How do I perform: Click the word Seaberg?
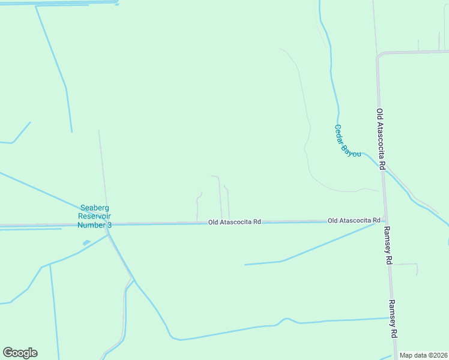(x=95, y=208)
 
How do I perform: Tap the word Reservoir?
(x=95, y=216)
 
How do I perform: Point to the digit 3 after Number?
(x=109, y=225)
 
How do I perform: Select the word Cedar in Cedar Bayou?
(x=340, y=133)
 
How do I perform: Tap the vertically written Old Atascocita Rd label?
(x=380, y=139)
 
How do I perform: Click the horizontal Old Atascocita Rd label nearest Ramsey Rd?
(x=354, y=221)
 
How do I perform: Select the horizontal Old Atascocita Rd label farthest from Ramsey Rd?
(x=234, y=222)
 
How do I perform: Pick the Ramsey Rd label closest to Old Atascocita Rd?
(x=388, y=245)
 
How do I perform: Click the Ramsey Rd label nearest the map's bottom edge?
(x=393, y=318)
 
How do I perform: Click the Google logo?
(x=20, y=353)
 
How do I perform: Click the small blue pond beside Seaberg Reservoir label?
(x=87, y=242)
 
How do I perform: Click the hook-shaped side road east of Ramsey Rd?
(x=414, y=267)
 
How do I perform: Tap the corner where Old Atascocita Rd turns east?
(x=378, y=55)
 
